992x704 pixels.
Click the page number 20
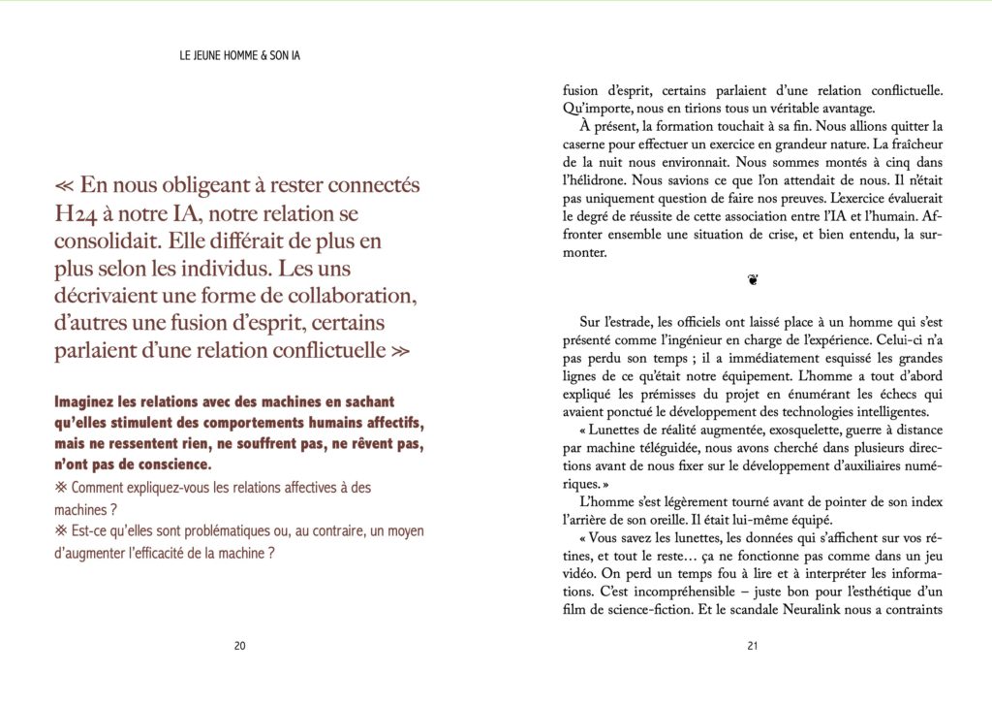coord(240,648)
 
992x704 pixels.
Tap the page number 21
coord(752,648)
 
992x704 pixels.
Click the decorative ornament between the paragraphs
coord(753,280)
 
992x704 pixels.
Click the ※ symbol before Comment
coord(61,488)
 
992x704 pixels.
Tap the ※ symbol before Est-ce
coord(61,531)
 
